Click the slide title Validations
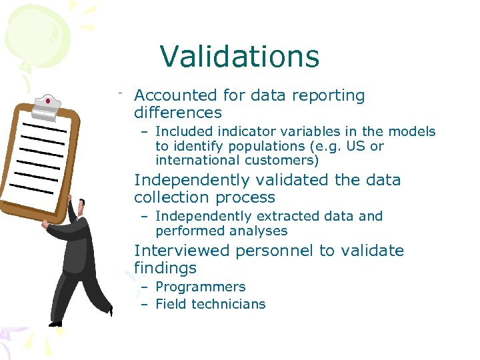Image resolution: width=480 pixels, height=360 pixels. (x=239, y=57)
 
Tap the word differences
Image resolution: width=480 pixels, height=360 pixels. (x=177, y=113)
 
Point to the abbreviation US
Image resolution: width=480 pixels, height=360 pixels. (x=358, y=146)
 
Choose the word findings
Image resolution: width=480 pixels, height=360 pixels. (x=165, y=268)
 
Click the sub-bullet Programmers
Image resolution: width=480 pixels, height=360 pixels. (x=200, y=287)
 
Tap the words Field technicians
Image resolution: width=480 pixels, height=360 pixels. (x=210, y=304)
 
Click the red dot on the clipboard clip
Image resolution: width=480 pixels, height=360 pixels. (x=47, y=101)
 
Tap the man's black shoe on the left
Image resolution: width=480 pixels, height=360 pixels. (x=56, y=323)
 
